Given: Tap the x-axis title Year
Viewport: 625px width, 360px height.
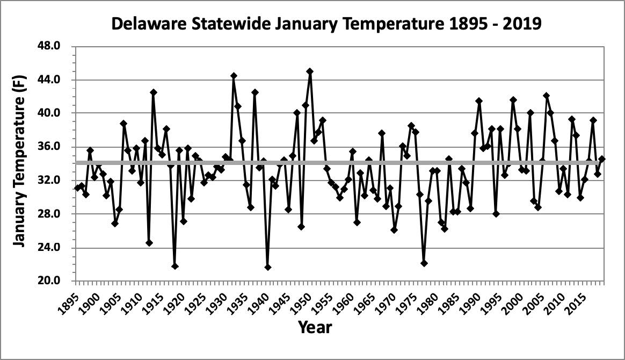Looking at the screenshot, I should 315,326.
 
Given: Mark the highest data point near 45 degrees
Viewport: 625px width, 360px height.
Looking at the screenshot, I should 310,71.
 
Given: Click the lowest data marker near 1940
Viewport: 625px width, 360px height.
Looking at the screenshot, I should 267,267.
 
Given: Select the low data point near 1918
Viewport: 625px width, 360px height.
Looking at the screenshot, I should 175,266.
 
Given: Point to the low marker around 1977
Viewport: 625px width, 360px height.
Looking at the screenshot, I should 424,263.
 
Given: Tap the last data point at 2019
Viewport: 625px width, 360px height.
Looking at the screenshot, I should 602,159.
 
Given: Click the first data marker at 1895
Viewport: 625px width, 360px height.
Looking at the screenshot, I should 77,188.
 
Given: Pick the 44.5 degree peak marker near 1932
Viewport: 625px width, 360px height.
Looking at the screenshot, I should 234,76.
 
